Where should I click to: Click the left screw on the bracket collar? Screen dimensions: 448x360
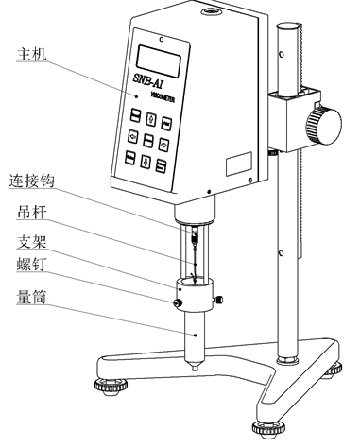177,302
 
